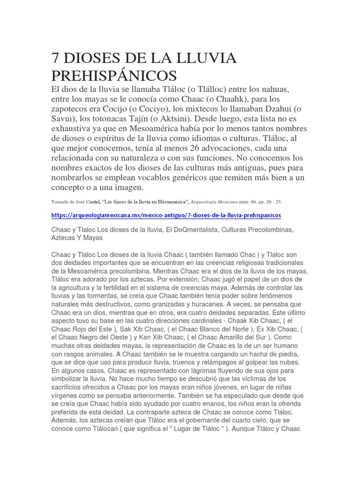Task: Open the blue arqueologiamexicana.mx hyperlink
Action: (x=166, y=215)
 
